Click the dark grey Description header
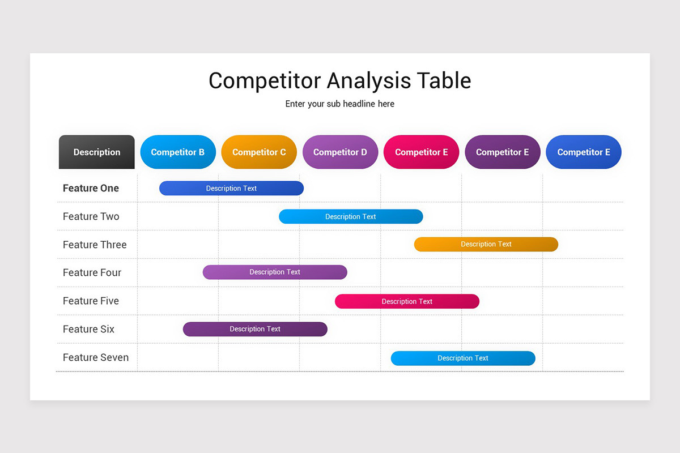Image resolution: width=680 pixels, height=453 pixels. point(97,152)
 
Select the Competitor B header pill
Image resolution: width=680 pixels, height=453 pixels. point(178,152)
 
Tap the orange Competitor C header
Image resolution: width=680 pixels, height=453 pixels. point(259,152)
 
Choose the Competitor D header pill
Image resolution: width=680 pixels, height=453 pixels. point(340,152)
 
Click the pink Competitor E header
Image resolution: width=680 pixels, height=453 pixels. point(421,152)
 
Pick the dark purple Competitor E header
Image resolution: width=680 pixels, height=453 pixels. point(502,152)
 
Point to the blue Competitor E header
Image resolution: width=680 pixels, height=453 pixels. point(584,152)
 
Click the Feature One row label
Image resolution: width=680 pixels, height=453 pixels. point(91,188)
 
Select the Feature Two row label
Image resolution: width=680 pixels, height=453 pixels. point(91,216)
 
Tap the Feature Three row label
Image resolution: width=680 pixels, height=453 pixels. point(95,245)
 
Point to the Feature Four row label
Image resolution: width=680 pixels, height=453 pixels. point(92,272)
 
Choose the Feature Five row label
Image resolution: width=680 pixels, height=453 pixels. point(91,301)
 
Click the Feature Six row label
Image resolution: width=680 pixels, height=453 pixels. point(88,329)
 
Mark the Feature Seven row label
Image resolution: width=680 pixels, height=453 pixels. point(95,357)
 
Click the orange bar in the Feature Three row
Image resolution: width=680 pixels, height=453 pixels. point(486,244)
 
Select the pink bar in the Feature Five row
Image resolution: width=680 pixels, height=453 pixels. point(407,301)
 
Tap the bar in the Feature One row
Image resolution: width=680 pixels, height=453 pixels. point(231,188)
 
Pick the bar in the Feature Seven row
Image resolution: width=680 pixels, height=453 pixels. point(463,358)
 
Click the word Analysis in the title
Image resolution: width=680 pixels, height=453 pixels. point(368,81)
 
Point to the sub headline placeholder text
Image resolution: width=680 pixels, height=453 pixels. point(340,104)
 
